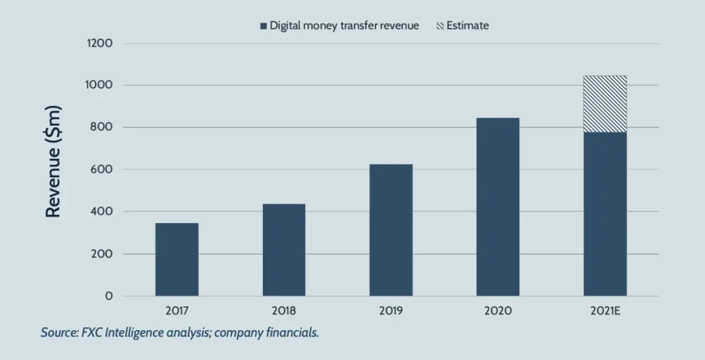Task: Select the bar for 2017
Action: [177, 260]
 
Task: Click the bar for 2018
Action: [284, 250]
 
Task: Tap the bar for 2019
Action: [391, 230]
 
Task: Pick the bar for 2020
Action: [498, 207]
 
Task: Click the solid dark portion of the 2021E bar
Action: [605, 214]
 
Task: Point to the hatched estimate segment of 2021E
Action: [605, 104]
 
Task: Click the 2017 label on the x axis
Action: [177, 311]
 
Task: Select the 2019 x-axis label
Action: [391, 311]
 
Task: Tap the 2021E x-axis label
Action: [605, 311]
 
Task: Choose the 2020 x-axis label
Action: [498, 311]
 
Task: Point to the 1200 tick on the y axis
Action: [99, 43]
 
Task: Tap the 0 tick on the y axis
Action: [109, 296]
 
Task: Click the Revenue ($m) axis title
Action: [54, 162]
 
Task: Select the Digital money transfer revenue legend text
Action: [344, 25]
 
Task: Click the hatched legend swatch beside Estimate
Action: [439, 26]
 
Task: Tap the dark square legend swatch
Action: [263, 26]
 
